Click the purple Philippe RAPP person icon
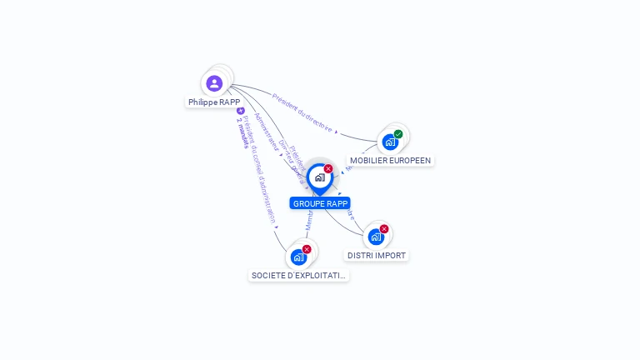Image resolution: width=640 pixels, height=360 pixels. (x=214, y=83)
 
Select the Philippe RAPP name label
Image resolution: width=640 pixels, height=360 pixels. (x=214, y=102)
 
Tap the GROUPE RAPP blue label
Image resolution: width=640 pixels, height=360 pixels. (x=320, y=203)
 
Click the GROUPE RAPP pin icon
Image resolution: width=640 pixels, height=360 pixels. (x=319, y=177)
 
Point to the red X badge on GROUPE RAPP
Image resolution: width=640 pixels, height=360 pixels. (x=328, y=169)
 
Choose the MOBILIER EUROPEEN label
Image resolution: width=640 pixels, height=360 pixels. (x=390, y=160)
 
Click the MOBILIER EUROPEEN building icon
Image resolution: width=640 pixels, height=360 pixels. (x=389, y=142)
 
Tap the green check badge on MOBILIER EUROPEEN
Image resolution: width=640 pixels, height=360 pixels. (x=398, y=134)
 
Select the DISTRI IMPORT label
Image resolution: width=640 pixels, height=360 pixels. (x=377, y=255)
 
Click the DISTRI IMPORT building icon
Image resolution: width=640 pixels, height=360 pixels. (x=376, y=237)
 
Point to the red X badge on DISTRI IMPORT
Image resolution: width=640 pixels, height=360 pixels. (x=384, y=229)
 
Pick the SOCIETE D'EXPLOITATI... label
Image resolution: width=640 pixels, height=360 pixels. (x=298, y=275)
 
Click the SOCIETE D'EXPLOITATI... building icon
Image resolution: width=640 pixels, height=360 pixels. (x=298, y=257)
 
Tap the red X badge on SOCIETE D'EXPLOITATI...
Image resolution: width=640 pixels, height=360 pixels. (x=307, y=249)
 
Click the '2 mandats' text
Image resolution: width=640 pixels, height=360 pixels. (x=242, y=132)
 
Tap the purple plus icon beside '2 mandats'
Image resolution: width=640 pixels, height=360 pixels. (x=240, y=111)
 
